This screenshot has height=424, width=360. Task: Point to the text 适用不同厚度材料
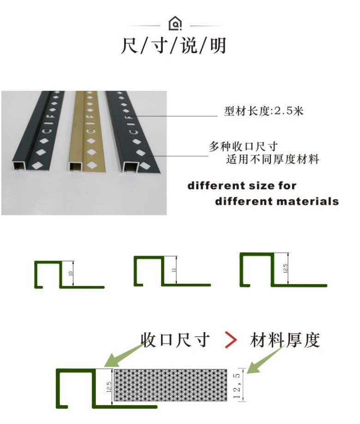coord(272,160)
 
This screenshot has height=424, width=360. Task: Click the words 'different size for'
coord(242,186)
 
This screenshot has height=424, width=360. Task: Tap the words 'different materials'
coord(276,202)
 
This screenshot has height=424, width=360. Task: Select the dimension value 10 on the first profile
coord(71,273)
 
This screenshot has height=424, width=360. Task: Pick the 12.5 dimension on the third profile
coord(286,268)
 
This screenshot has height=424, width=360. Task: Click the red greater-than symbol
coord(231,340)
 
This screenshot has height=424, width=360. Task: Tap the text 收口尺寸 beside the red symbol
coord(175,340)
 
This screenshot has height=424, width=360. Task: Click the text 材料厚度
coord(285,340)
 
